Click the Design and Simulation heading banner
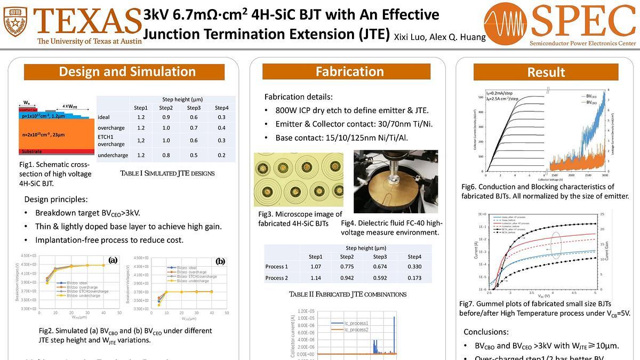(x=127, y=71)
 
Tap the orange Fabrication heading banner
(x=349, y=71)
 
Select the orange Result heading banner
(x=546, y=72)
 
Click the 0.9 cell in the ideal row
(x=166, y=117)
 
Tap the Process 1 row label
(x=276, y=266)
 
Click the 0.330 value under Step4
(x=415, y=266)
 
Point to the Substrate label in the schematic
(x=32, y=151)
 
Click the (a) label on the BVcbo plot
(x=113, y=260)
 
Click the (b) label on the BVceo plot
(x=220, y=261)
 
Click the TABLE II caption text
(x=348, y=294)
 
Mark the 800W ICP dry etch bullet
(x=352, y=110)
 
